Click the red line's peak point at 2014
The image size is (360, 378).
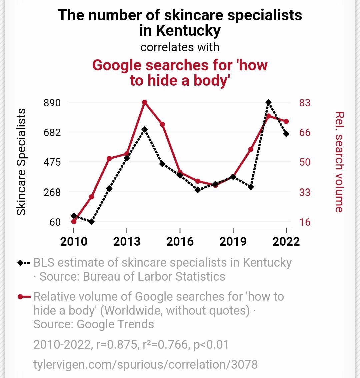pyautogui.click(x=144, y=102)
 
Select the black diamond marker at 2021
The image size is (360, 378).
pyautogui.click(x=268, y=102)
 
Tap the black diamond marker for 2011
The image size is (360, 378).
pyautogui.click(x=91, y=221)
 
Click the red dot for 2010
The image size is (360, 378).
pyautogui.click(x=74, y=222)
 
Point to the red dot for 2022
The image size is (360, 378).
pyautogui.click(x=286, y=121)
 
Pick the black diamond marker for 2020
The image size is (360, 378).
pyautogui.click(x=251, y=187)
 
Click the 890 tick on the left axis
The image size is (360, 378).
pyautogui.click(x=52, y=103)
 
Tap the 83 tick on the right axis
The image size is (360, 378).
pyautogui.click(x=304, y=103)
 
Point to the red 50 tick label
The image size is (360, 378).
pyautogui.click(x=304, y=162)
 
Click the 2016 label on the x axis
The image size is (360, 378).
pyautogui.click(x=180, y=241)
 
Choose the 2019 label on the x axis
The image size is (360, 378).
pyautogui.click(x=233, y=241)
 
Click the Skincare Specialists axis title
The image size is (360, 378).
pyautogui.click(x=21, y=162)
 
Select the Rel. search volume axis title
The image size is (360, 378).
pyautogui.click(x=339, y=162)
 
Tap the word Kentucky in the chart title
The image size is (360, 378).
pyautogui.click(x=188, y=31)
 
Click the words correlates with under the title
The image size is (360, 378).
pyautogui.click(x=180, y=47)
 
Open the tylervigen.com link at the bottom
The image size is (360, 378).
pyautogui.click(x=145, y=364)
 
